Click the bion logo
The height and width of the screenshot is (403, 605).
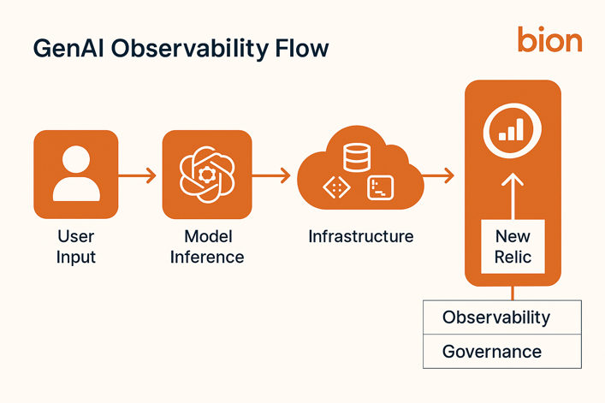[549, 39]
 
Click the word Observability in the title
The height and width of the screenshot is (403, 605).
[194, 48]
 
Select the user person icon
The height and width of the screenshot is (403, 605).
[75, 174]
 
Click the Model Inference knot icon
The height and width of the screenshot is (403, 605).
[206, 174]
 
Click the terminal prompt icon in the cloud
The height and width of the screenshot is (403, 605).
[380, 188]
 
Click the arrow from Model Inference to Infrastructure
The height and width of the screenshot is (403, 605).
[272, 176]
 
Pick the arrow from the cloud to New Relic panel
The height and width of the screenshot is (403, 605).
[437, 176]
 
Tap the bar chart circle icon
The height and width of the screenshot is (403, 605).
[513, 130]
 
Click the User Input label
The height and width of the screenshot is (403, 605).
[76, 246]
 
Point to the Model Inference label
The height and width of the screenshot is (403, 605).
[207, 246]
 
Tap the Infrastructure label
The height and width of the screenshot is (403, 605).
[360, 236]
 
